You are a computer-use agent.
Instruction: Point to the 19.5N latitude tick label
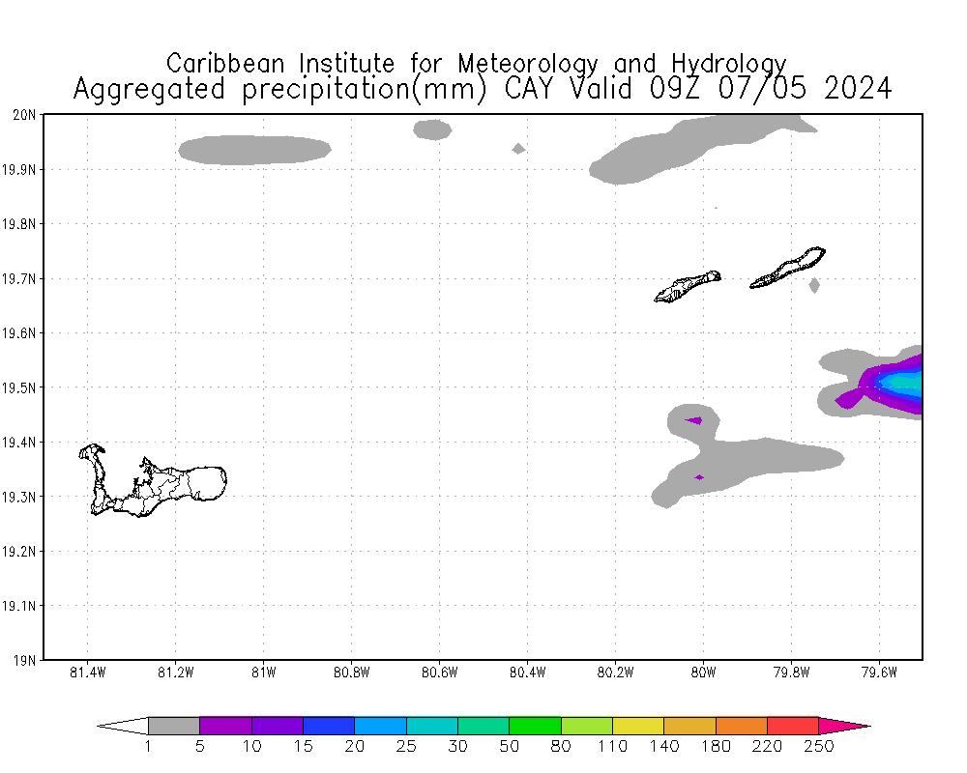coord(23,388)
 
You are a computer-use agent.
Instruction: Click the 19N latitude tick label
coord(27,661)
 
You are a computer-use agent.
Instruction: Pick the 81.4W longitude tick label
coord(88,673)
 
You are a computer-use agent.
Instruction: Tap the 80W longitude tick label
coord(703,673)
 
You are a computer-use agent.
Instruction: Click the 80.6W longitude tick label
coord(439,673)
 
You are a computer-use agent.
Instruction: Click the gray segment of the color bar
coord(174,726)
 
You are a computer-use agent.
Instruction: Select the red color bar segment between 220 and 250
coord(793,726)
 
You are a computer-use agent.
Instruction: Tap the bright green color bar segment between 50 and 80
coord(535,726)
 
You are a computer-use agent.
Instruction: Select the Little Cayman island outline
coord(688,287)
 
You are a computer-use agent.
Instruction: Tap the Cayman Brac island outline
coord(788,269)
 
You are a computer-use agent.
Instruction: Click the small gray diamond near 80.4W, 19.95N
coord(518,149)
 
